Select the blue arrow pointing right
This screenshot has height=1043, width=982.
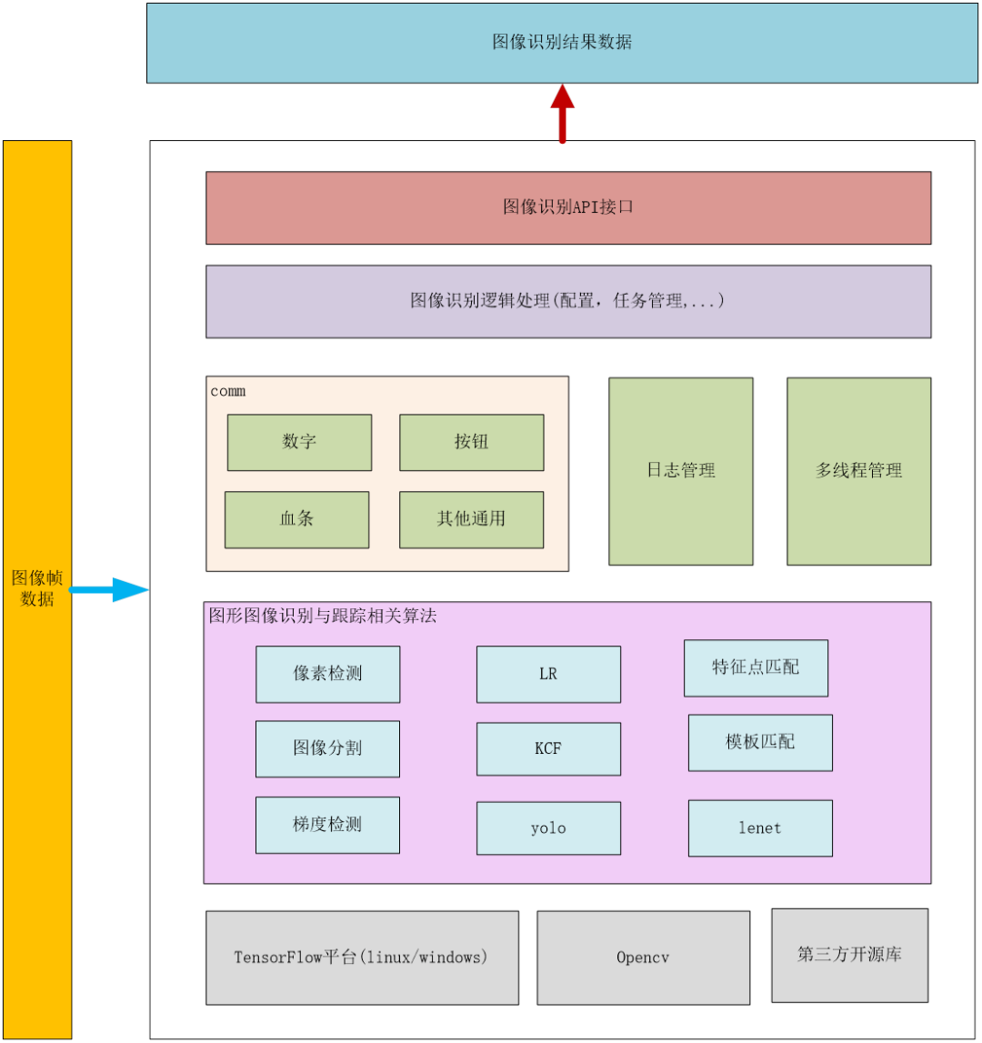[109, 589]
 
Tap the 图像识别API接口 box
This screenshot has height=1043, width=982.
[568, 207]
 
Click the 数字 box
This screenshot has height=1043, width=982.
[299, 442]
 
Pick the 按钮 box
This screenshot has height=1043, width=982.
[471, 442]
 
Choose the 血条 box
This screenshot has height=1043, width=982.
[296, 519]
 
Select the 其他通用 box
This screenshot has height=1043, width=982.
[471, 519]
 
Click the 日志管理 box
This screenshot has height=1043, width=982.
[680, 470]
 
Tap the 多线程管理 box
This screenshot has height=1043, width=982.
[858, 470]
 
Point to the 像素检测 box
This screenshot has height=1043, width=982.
[327, 674]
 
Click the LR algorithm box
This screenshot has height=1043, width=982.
[548, 674]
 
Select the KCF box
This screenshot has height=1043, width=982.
[548, 748]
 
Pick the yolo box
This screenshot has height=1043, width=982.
[548, 827]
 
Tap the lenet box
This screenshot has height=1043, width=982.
[760, 827]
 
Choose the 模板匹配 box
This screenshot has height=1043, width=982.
[760, 742]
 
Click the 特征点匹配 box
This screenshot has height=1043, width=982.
[756, 667]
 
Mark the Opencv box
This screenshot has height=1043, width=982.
[643, 958]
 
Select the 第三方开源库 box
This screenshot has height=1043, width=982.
[849, 954]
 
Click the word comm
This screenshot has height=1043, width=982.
[228, 392]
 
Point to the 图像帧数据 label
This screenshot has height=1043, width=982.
[37, 588]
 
